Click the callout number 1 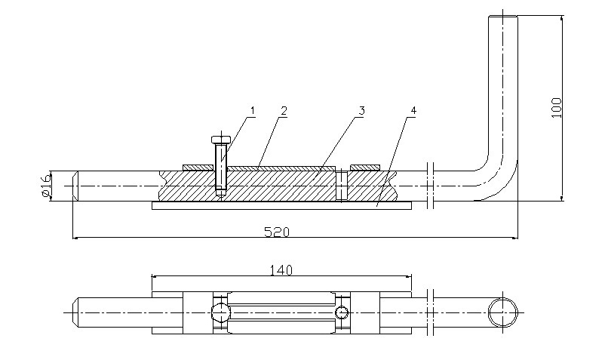click(x=253, y=111)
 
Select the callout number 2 click(x=284, y=111)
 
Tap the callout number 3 click(x=361, y=111)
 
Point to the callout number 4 click(x=413, y=111)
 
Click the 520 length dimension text click(x=277, y=232)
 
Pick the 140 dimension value click(x=281, y=270)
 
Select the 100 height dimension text click(x=557, y=108)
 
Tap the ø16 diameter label click(x=45, y=186)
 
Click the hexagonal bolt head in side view click(x=221, y=139)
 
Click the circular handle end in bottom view click(x=502, y=312)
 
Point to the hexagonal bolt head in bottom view click(x=220, y=312)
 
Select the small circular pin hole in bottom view click(x=342, y=312)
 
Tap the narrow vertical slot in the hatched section click(x=342, y=186)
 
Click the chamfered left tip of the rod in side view click(x=76, y=186)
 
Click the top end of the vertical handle click(x=503, y=16)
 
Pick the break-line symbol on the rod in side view click(x=431, y=186)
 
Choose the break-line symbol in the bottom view click(x=431, y=312)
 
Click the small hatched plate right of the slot click(x=365, y=167)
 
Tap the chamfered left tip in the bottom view click(x=76, y=312)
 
